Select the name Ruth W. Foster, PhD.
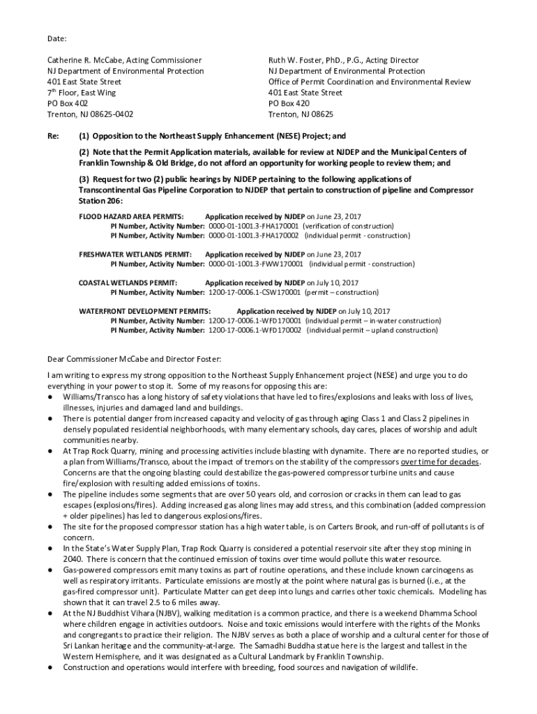[307, 61]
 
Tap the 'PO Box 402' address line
[68, 103]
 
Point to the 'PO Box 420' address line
[289, 103]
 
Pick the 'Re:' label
[53, 136]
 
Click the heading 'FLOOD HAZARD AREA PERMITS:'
[131, 217]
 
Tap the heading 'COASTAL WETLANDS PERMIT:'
[128, 283]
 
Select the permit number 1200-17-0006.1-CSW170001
[254, 293]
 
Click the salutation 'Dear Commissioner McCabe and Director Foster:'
[133, 359]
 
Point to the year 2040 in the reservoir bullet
[73, 559]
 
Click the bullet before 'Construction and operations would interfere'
[51, 667]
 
